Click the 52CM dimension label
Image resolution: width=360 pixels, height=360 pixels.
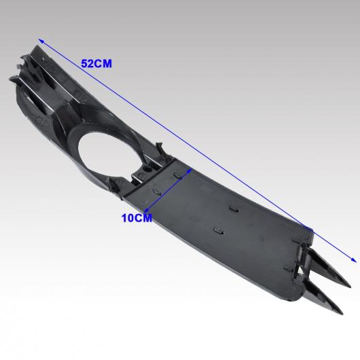pos(96,64)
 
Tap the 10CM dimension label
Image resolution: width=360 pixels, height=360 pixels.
pos(137,218)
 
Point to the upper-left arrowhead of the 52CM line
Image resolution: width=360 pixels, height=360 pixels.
pos(41,41)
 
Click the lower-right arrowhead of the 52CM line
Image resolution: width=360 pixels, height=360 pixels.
pos(354,259)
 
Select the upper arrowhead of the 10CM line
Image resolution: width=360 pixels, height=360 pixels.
pos(190,170)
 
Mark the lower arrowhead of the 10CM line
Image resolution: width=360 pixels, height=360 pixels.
pos(147,209)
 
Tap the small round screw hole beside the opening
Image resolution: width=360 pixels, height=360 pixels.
pos(147,170)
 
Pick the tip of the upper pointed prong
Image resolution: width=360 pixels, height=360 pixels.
pos(350,287)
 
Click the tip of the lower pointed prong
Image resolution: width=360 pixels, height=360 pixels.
pos(342,312)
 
